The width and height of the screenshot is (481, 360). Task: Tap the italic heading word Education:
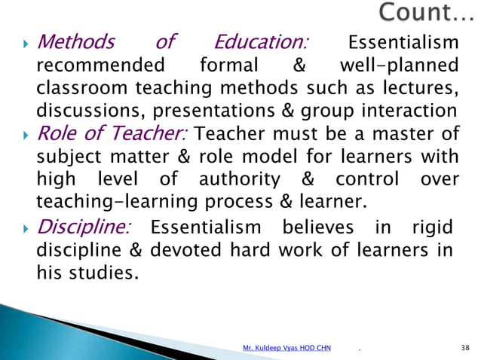point(264,41)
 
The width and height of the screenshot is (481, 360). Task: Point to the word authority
point(238,180)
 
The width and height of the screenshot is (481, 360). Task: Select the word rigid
point(434,227)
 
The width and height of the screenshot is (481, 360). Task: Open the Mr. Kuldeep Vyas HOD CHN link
point(286,348)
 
